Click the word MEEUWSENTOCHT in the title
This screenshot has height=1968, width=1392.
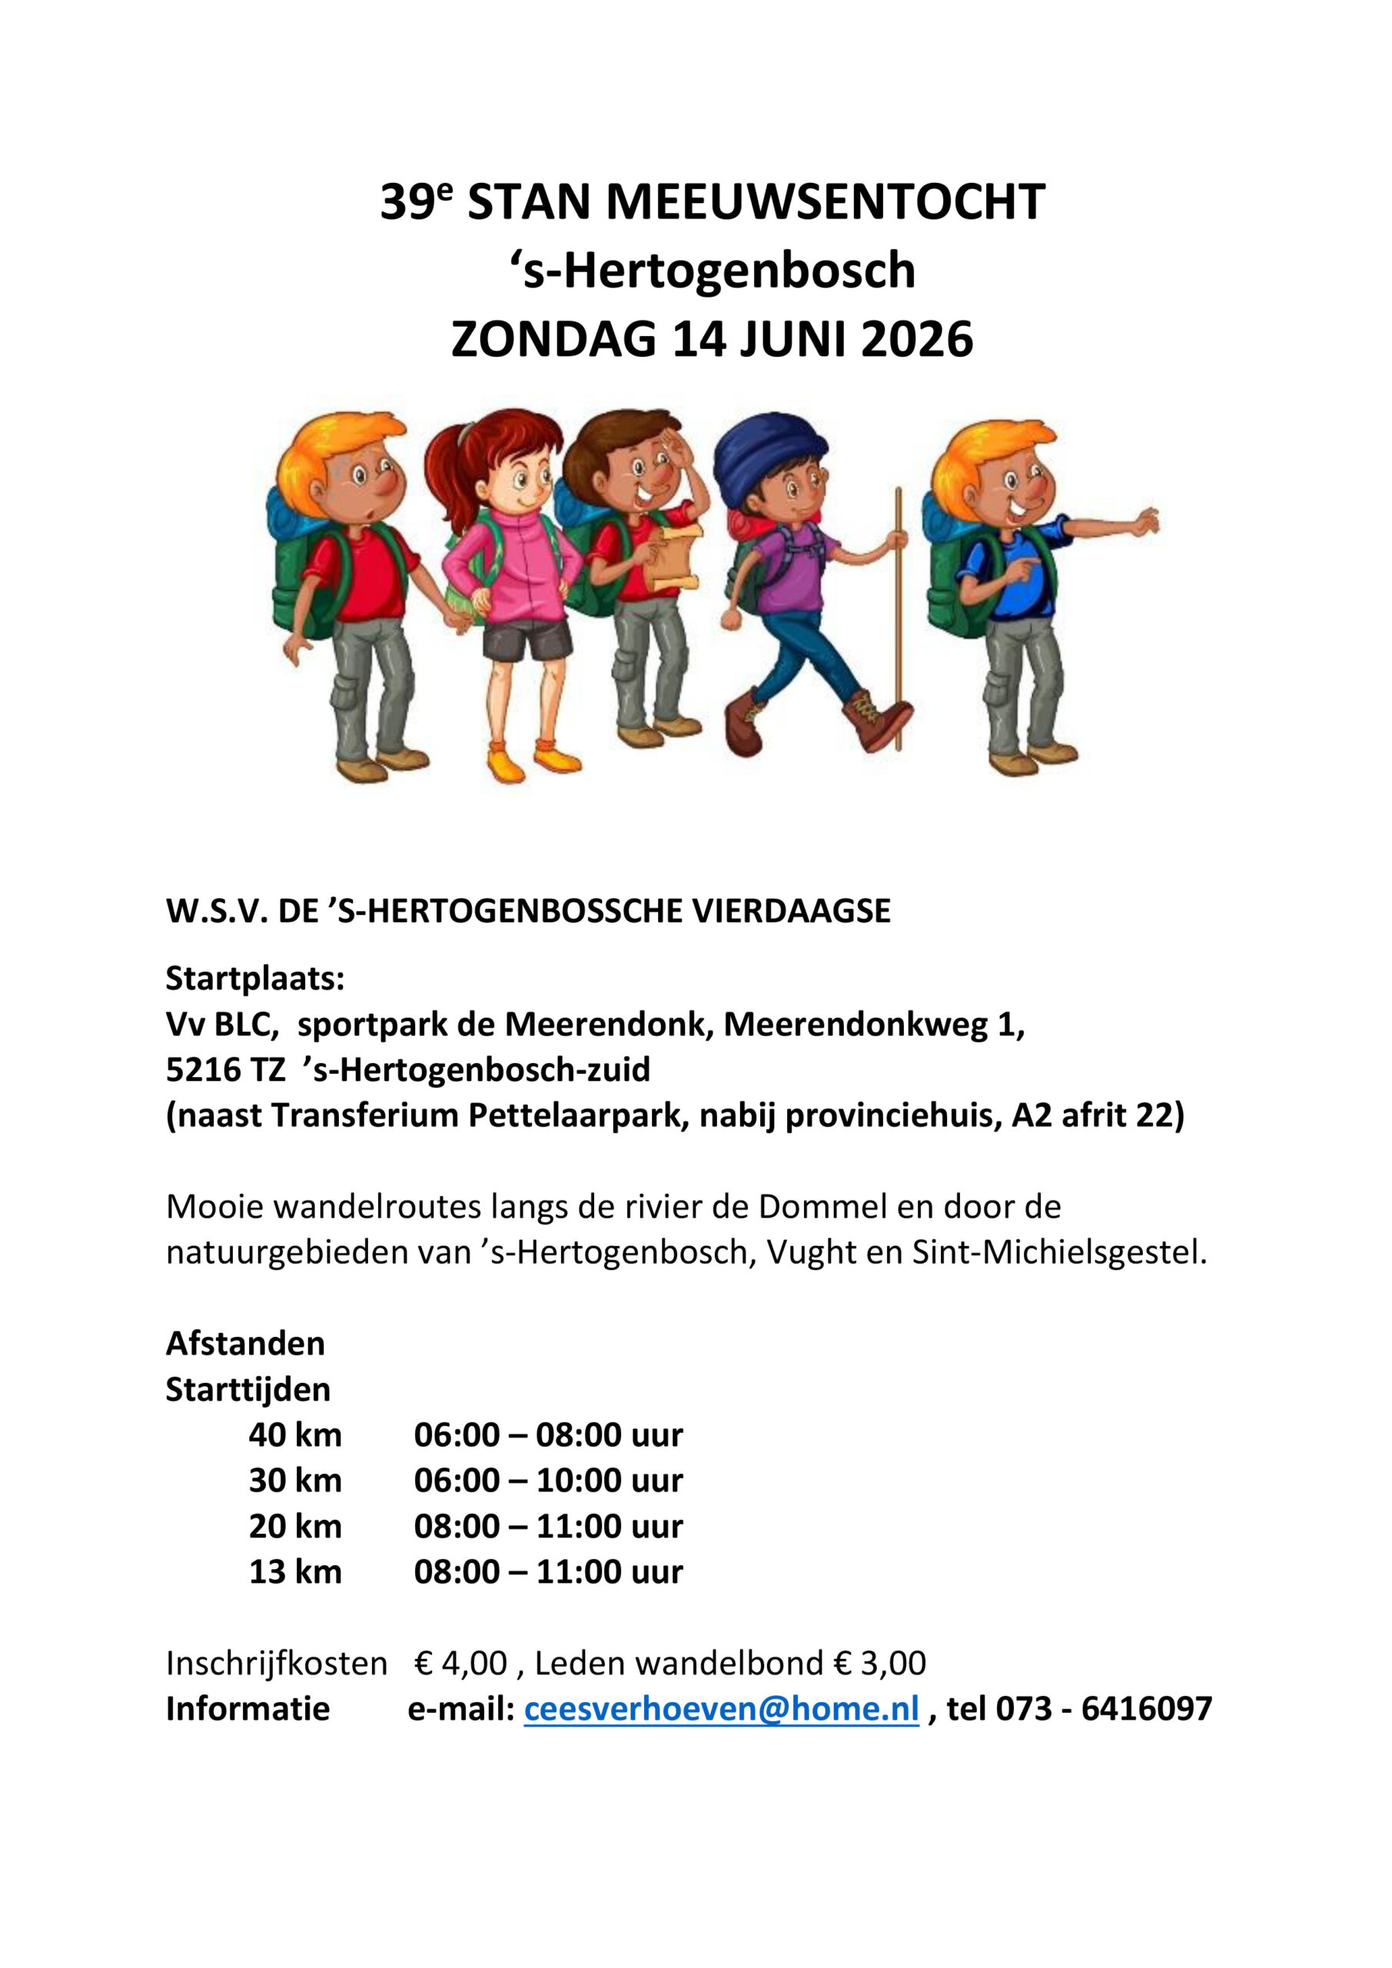(826, 202)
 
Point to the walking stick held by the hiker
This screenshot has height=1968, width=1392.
(899, 617)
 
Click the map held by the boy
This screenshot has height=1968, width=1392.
(675, 557)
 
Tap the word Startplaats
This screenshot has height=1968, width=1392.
(254, 979)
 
